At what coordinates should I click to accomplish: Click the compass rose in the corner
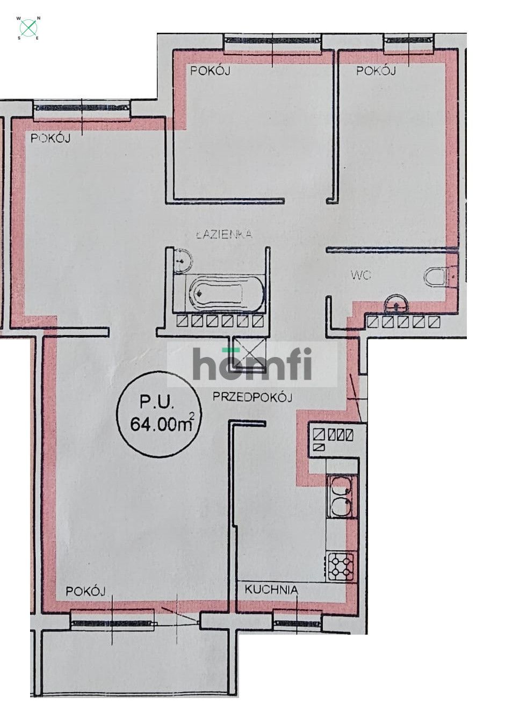[29, 27]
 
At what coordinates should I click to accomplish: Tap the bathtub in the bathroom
[226, 292]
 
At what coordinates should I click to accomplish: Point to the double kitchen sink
[340, 496]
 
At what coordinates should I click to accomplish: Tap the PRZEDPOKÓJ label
[252, 397]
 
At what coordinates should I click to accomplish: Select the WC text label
[361, 275]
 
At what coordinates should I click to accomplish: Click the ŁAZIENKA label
[224, 234]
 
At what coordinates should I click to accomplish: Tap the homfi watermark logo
[252, 363]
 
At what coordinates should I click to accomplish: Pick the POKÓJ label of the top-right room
[376, 70]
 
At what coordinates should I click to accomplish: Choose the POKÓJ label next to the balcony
[86, 591]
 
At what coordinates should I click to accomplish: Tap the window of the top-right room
[408, 41]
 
